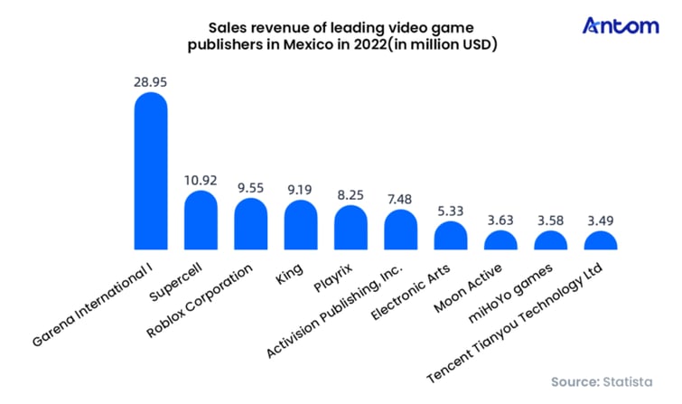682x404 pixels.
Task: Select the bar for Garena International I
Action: point(151,172)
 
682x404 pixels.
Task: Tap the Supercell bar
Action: point(201,220)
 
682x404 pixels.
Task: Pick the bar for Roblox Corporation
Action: point(250,224)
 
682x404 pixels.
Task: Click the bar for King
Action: point(301,225)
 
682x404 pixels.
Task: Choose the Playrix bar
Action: point(350,228)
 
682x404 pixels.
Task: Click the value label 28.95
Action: point(151,81)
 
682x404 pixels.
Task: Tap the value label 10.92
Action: point(201,179)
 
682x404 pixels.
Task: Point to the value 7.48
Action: point(401,198)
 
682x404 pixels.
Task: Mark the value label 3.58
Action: point(550,219)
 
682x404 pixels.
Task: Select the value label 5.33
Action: point(451,209)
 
